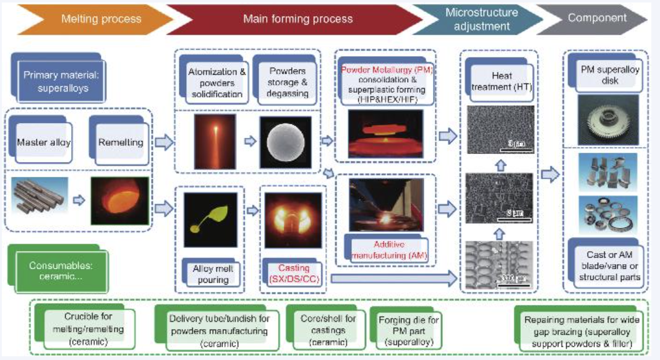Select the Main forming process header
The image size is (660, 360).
click(x=297, y=19)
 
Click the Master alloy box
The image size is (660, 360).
click(x=44, y=142)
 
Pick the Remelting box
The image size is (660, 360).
click(x=120, y=142)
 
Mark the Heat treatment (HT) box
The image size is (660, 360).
click(x=498, y=81)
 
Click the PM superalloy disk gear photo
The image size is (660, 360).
click(x=606, y=120)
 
